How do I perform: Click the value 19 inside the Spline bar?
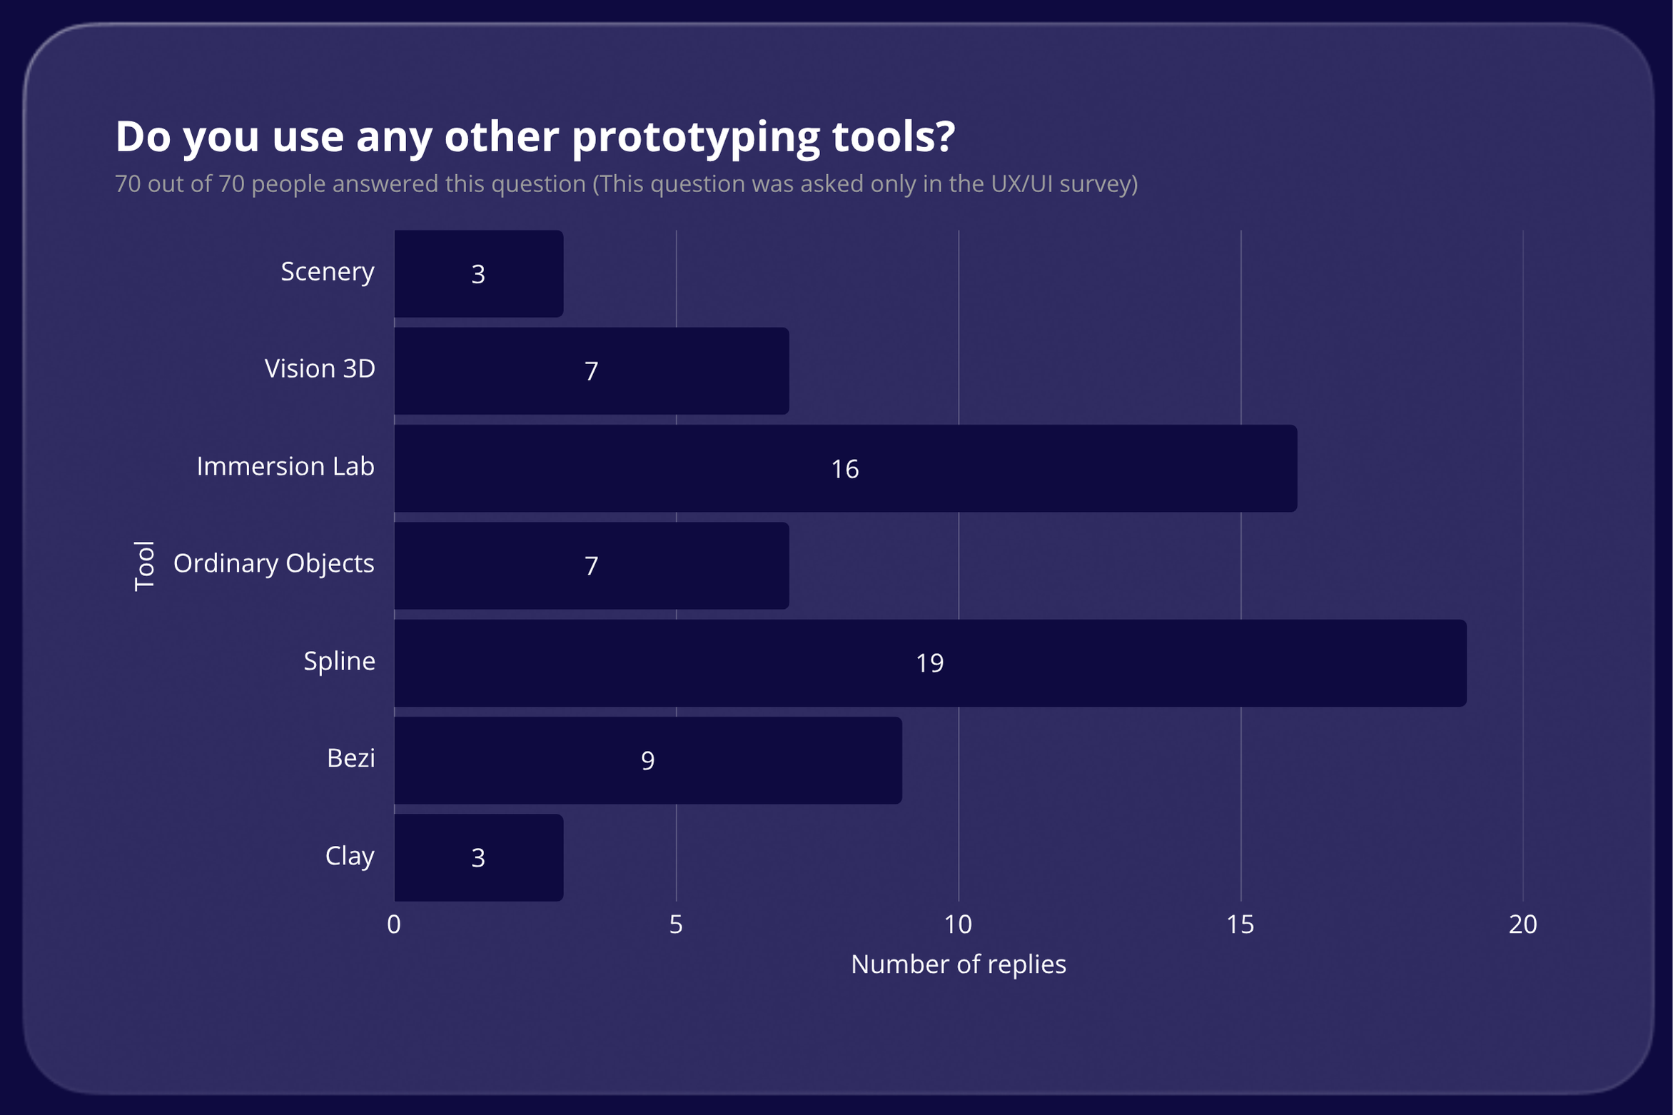pos(929,663)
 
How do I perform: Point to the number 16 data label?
pos(844,469)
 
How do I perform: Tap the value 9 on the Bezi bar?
pos(647,760)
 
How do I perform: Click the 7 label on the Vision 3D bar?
pos(591,371)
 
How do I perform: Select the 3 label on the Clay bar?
pos(478,857)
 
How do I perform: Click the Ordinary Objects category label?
pos(273,563)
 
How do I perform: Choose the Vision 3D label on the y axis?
pos(320,368)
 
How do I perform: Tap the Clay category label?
pos(350,855)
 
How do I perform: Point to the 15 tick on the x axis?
pos(1240,924)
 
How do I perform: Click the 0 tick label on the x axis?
pos(394,924)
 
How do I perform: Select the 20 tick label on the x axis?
pos(1522,924)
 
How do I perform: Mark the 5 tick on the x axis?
pos(676,924)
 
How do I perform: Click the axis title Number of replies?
pos(958,964)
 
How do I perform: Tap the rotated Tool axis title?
pos(144,565)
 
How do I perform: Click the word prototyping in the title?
pos(696,137)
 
